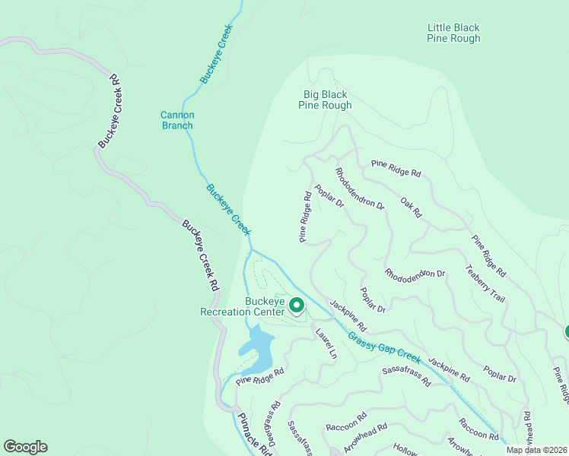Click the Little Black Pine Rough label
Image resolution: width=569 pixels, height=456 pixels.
click(453, 33)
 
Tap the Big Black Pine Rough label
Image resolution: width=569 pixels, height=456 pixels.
click(325, 100)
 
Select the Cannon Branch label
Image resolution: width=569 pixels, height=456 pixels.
click(177, 120)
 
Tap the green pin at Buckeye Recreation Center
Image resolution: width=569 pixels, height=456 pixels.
click(297, 306)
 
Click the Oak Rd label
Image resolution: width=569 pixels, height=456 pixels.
click(411, 207)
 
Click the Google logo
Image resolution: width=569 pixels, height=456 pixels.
click(25, 447)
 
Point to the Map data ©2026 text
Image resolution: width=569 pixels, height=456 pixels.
click(536, 450)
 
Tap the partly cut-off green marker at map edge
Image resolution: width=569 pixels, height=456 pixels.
click(565, 331)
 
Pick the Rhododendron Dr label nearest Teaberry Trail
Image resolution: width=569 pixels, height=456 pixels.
click(414, 274)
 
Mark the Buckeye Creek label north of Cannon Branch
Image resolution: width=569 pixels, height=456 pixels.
click(216, 54)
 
